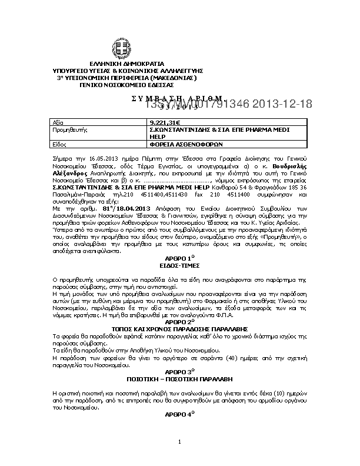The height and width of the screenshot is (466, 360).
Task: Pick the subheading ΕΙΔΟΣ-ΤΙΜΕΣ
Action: (179, 265)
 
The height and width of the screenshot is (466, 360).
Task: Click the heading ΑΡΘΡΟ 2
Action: (179, 322)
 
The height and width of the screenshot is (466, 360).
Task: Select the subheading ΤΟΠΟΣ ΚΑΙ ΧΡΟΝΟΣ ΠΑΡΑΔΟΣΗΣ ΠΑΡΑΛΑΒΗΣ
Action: (179, 328)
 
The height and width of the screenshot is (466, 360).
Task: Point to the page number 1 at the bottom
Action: (180, 441)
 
